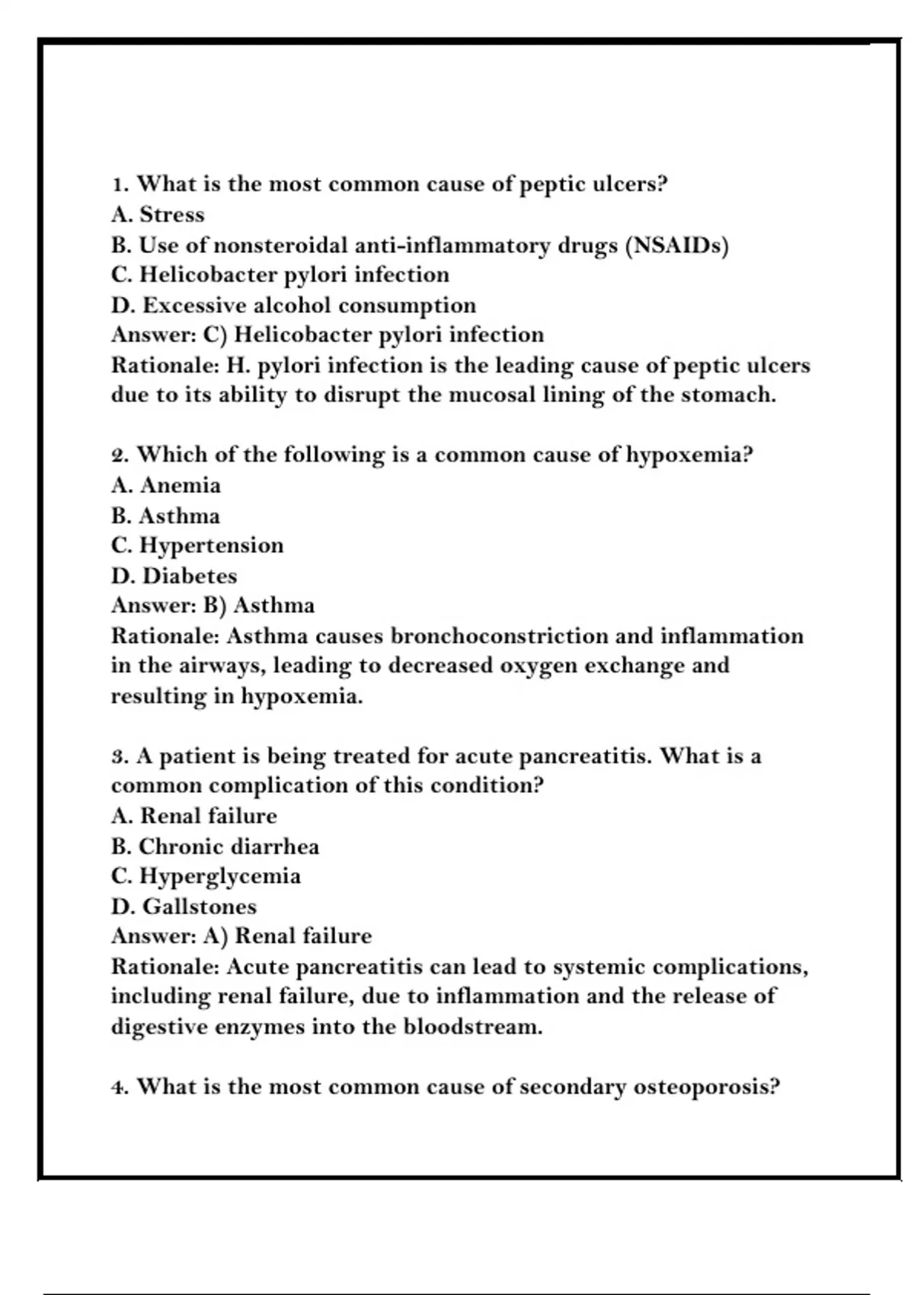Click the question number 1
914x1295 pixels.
(120, 185)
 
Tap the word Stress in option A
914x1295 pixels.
(172, 215)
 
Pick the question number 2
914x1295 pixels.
(120, 456)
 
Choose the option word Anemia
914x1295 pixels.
(181, 485)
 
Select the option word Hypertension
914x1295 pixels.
(211, 545)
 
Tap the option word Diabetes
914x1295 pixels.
(190, 576)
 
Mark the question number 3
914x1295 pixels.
(120, 756)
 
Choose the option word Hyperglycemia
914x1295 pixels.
(219, 876)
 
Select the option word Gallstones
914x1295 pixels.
(200, 906)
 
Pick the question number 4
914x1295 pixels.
(120, 1087)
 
